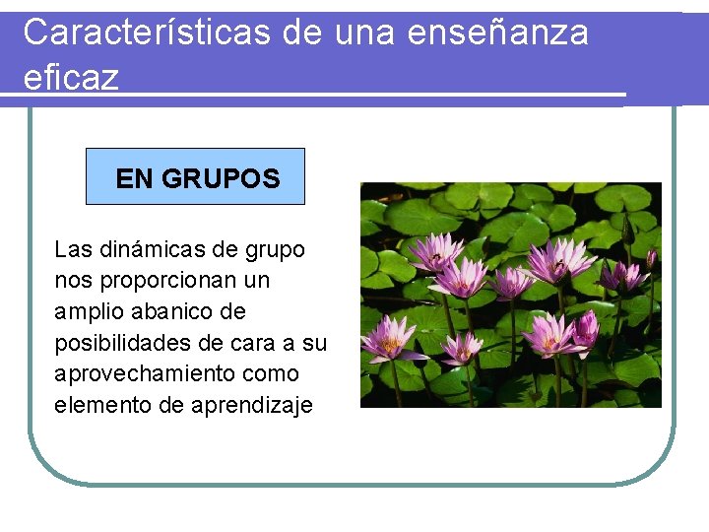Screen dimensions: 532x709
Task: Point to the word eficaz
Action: coord(70,77)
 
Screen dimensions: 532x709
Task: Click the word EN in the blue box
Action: coord(134,178)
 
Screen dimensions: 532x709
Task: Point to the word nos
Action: coord(72,281)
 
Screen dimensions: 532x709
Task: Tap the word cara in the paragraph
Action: coord(259,344)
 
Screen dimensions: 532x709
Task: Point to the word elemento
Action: coord(99,405)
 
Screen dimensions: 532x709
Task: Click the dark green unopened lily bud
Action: coord(627,232)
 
